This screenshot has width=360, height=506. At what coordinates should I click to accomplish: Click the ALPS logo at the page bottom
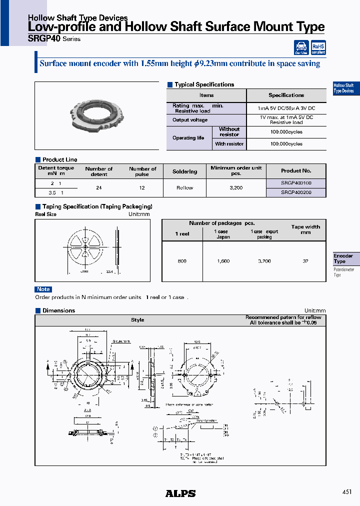click(180, 493)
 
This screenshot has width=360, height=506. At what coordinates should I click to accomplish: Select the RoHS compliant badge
click(318, 47)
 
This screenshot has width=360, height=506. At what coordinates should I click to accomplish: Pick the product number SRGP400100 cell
click(296, 183)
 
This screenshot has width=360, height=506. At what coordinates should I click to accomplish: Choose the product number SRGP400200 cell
click(296, 192)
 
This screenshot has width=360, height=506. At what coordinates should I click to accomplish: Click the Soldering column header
click(184, 171)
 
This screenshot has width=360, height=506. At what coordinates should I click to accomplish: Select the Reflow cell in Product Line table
click(184, 188)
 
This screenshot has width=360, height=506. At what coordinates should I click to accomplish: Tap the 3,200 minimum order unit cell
click(236, 188)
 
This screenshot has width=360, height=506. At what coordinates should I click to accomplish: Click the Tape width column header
click(305, 229)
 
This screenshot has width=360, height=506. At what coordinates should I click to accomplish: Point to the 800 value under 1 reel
click(182, 261)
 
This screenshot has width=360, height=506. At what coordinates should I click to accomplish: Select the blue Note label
click(43, 289)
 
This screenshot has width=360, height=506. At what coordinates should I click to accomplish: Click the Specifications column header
click(286, 95)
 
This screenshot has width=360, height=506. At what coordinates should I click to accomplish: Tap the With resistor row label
click(229, 144)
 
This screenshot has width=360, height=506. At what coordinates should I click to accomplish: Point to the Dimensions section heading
click(58, 310)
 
